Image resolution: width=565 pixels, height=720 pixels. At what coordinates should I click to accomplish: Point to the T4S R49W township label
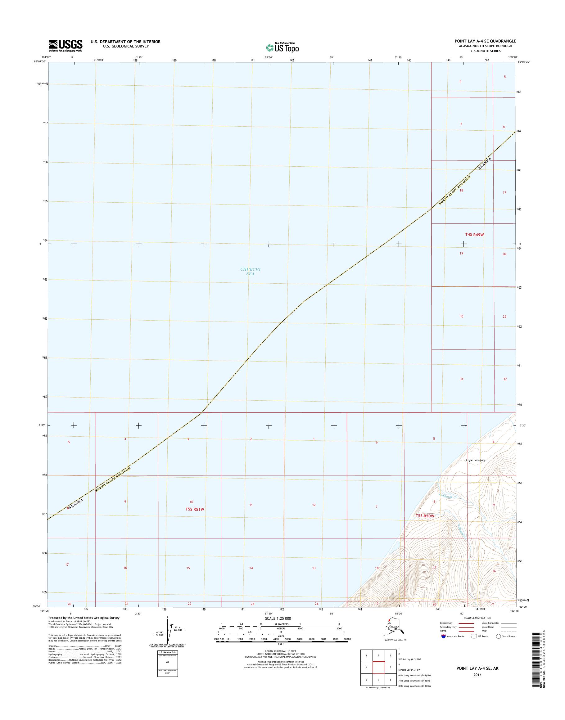tap(474, 235)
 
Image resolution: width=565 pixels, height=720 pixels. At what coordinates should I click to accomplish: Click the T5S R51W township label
tap(195, 509)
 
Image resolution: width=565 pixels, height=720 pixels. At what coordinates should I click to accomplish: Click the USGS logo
tap(66, 46)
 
